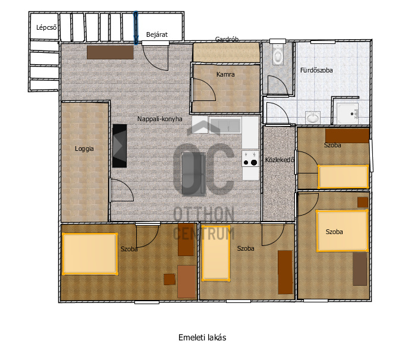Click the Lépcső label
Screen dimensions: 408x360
click(46, 27)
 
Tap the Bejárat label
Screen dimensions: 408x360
click(157, 34)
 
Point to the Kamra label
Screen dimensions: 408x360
click(225, 74)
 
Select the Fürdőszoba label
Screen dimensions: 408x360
click(316, 70)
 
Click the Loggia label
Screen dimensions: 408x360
click(84, 149)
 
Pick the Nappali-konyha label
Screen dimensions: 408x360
click(160, 119)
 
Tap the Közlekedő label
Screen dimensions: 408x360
click(280, 160)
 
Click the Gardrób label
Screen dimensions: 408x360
click(227, 39)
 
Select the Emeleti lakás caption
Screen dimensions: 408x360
click(202, 337)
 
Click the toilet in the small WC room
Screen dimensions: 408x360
click(278, 55)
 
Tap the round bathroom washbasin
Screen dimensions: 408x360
click(312, 118)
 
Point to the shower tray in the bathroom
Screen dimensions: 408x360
click(347, 113)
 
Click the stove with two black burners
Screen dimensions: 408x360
click(250, 159)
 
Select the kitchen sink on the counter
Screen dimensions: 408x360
click(225, 125)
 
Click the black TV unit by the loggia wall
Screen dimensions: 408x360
click(120, 146)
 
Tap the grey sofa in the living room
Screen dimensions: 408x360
click(194, 174)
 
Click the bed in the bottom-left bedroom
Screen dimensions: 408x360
click(90, 254)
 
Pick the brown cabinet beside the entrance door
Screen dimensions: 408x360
click(110, 52)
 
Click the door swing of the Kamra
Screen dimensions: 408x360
click(204, 90)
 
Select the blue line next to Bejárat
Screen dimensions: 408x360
click(136, 28)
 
